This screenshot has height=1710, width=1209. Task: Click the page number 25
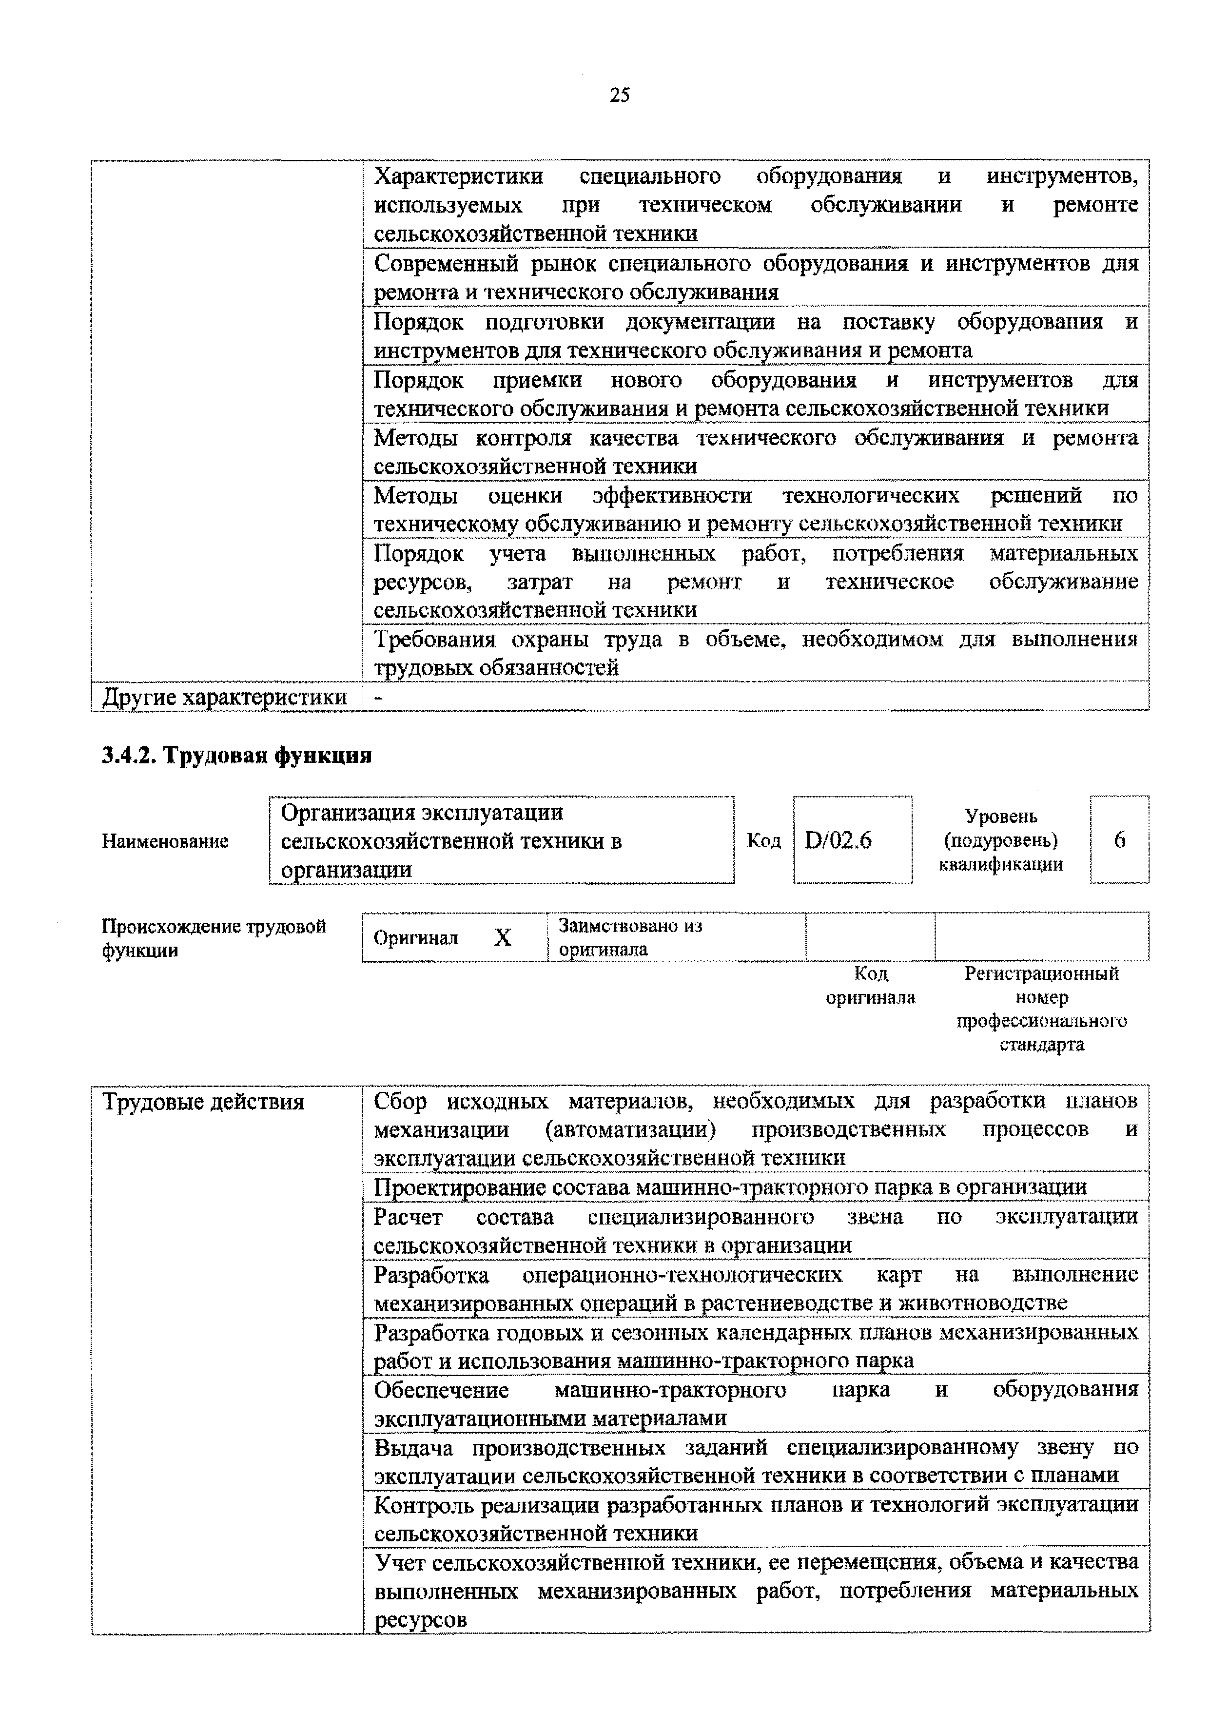point(619,96)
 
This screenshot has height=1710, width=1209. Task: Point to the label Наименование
point(165,841)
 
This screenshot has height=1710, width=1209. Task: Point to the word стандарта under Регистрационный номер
point(1041,1044)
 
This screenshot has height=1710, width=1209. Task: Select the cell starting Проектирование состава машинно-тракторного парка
point(730,1187)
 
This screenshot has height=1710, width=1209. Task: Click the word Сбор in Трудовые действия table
point(400,1101)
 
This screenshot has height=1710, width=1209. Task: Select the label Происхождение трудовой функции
point(214,938)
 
